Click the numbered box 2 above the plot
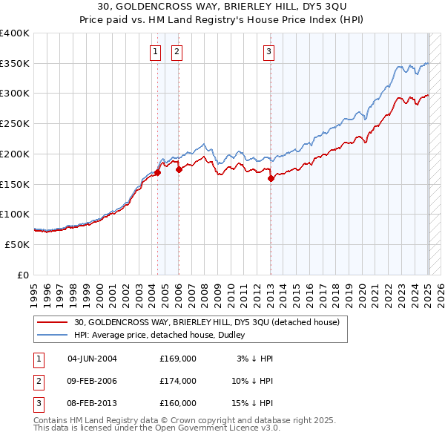(x=177, y=51)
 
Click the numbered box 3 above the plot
(x=268, y=51)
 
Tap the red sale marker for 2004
(x=158, y=173)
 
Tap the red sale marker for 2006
(x=179, y=169)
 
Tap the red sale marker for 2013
(x=271, y=177)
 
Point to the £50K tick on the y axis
(x=17, y=244)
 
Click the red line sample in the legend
(x=52, y=322)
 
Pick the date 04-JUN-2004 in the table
(x=92, y=359)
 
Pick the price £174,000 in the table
(x=178, y=381)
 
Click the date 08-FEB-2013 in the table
(x=92, y=403)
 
